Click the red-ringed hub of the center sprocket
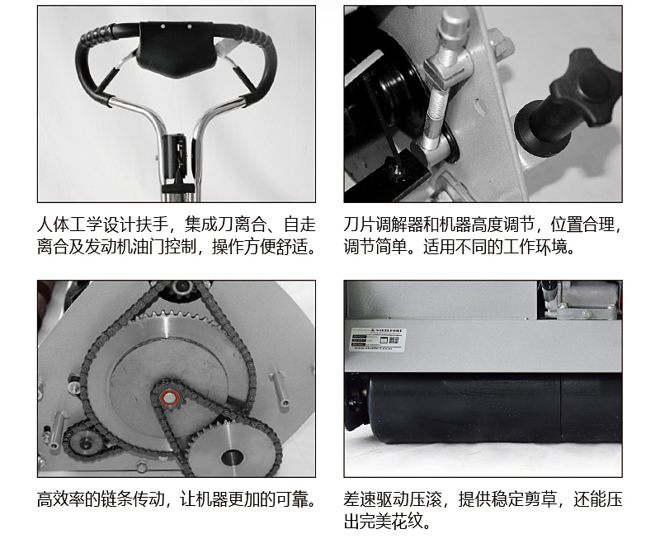(170, 397)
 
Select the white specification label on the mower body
(379, 340)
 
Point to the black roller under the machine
(484, 409)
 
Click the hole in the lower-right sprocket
(232, 457)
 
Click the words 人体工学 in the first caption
(70, 225)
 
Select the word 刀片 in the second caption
(360, 225)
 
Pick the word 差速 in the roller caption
(360, 499)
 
